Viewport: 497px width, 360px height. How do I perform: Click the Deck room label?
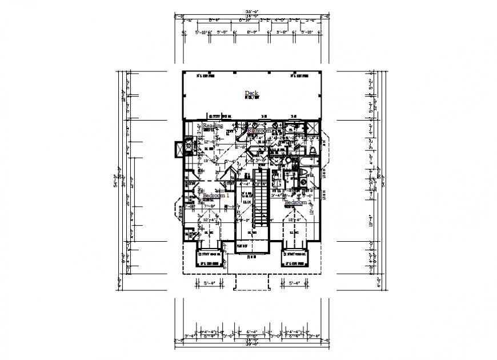click(251, 93)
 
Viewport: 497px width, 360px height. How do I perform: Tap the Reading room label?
click(213, 125)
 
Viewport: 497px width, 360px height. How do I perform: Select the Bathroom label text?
click(259, 131)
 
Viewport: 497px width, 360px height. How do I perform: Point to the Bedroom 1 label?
click(215, 195)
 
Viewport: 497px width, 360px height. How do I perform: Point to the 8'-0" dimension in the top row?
click(252, 33)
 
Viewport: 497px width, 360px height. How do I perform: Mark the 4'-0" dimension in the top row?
click(279, 20)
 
